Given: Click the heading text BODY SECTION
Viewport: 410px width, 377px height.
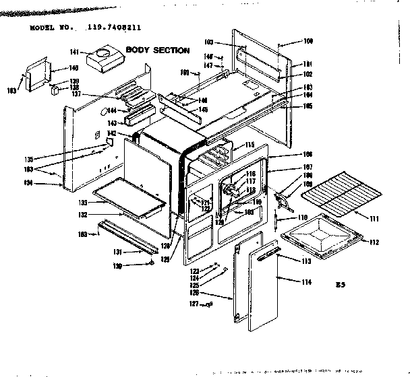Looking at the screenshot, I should (x=158, y=50).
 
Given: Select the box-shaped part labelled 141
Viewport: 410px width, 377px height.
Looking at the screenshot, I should (x=104, y=59).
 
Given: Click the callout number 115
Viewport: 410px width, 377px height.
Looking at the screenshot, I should (x=249, y=145).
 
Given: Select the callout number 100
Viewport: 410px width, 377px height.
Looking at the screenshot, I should (x=309, y=42).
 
